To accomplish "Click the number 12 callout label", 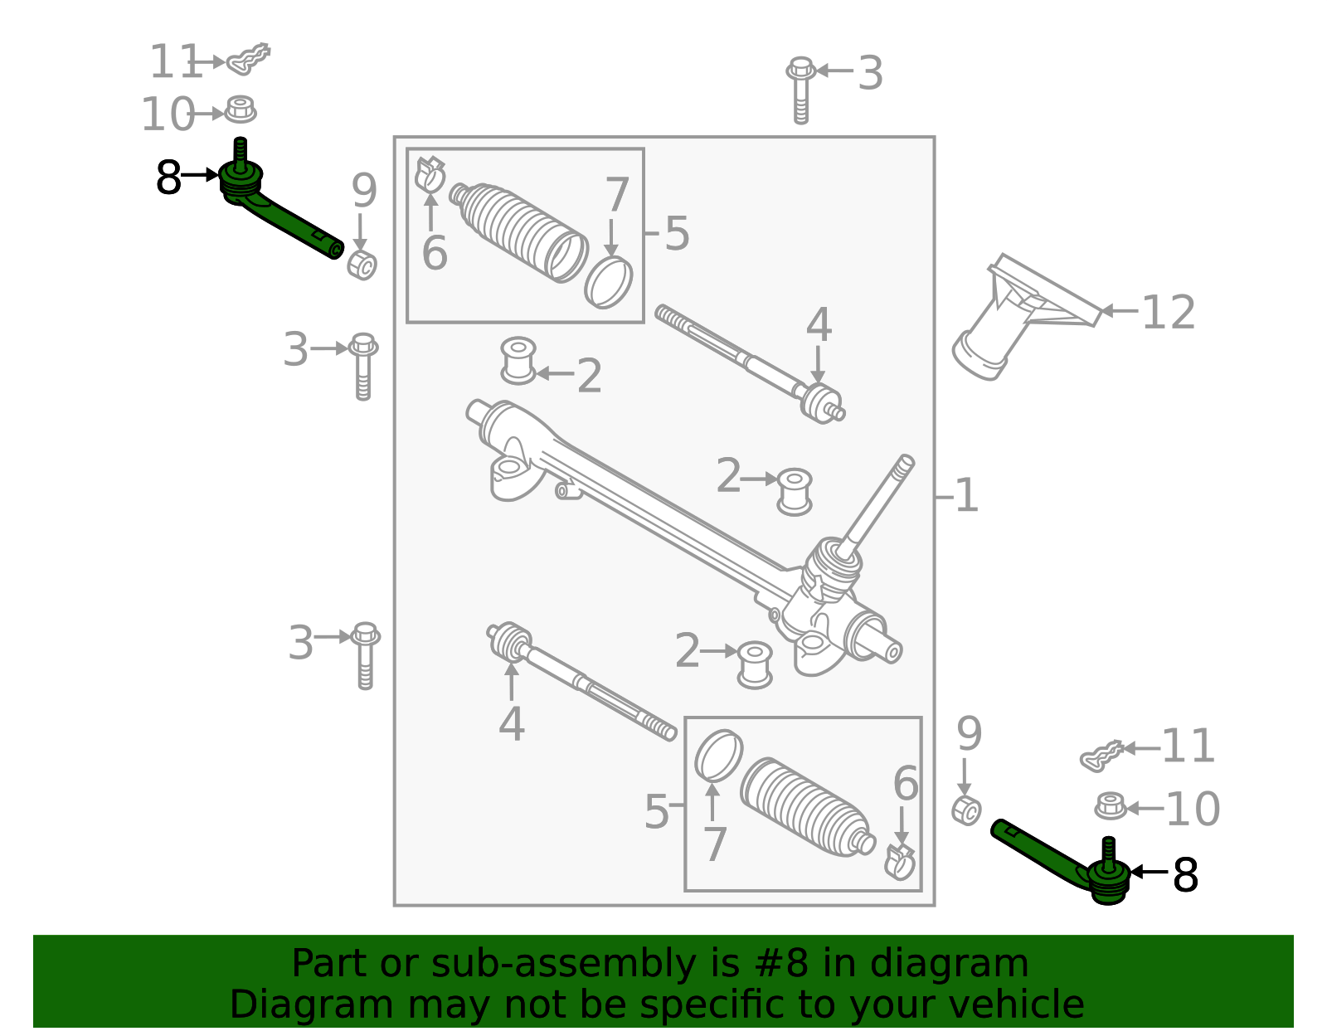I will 1168,313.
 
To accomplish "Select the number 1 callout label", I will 965,496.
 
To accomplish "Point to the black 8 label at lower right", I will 1185,875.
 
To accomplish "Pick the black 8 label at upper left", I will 168,178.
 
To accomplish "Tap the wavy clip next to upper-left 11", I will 249,58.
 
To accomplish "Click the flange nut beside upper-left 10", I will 241,109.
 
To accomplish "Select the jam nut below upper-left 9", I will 362,265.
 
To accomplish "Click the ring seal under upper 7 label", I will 608,282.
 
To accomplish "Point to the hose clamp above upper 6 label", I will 430,173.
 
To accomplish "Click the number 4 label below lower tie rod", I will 511,724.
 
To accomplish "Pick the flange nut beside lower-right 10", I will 1110,805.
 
